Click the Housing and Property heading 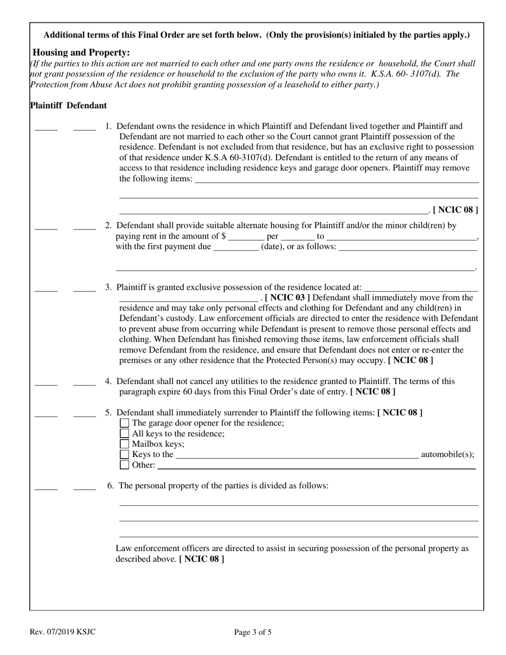pyautogui.click(x=81, y=52)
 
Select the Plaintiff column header pyautogui.click(x=46, y=105)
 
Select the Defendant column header pyautogui.click(x=87, y=105)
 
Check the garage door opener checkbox pyautogui.click(x=125, y=423)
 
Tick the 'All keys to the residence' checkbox pyautogui.click(x=125, y=433)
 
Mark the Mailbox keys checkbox pyautogui.click(x=125, y=444)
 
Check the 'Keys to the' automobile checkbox pyautogui.click(x=125, y=454)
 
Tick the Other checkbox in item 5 pyautogui.click(x=125, y=465)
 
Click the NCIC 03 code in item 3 pyautogui.click(x=287, y=297)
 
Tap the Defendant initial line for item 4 pyautogui.click(x=85, y=383)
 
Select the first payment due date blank pyautogui.click(x=236, y=249)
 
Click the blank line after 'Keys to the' pyautogui.click(x=297, y=456)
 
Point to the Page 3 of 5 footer pyautogui.click(x=253, y=633)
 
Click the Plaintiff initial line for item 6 pyautogui.click(x=46, y=488)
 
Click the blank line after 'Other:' pyautogui.click(x=316, y=467)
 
